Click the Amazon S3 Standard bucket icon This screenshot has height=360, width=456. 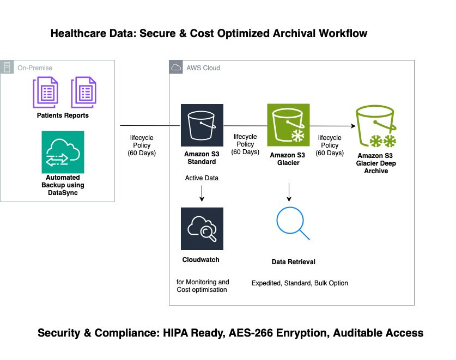pos(202,125)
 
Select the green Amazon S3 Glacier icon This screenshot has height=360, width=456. pos(288,125)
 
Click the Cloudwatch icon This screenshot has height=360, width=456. pos(202,229)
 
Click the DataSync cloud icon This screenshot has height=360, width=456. pos(63,152)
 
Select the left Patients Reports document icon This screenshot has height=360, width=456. pos(46,93)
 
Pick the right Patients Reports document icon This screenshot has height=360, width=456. pos(83,93)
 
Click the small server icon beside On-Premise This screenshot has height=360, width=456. pos(7,68)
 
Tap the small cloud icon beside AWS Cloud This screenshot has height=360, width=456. pos(176,68)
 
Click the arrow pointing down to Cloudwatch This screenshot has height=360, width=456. pos(202,194)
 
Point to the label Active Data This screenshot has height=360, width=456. pos(202,178)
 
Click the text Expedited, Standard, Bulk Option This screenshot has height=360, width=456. pos(299,283)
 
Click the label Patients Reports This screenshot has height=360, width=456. pos(63,115)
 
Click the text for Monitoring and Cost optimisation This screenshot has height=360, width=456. pos(203,286)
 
